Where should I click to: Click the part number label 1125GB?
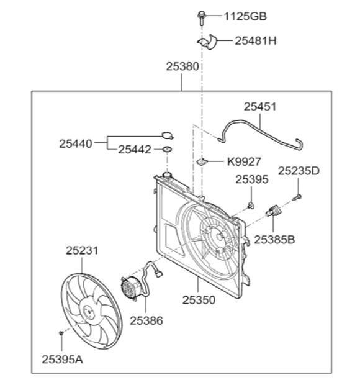(245, 16)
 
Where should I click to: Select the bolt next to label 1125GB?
(201, 18)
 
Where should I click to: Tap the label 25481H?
(256, 41)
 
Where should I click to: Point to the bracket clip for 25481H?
(207, 42)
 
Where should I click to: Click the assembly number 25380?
(182, 66)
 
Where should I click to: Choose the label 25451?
(260, 107)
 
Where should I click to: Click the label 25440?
(76, 143)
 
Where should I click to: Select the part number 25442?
(135, 150)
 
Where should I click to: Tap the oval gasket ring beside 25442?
(167, 149)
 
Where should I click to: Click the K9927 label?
(244, 162)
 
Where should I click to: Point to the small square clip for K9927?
(202, 161)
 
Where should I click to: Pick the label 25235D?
(299, 171)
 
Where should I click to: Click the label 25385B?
(274, 240)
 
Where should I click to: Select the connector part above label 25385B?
(273, 211)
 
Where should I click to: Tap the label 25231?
(82, 251)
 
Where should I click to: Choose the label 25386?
(146, 320)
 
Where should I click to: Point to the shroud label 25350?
(199, 300)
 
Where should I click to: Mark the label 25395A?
(62, 360)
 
